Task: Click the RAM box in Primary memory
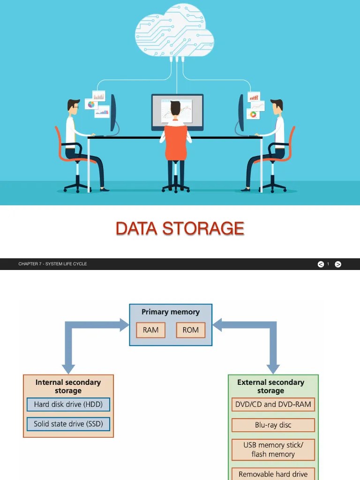(x=150, y=330)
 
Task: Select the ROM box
(x=191, y=330)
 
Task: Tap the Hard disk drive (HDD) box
(x=68, y=405)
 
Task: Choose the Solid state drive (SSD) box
(x=68, y=424)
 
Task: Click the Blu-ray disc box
(x=273, y=425)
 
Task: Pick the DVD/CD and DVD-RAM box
(x=273, y=405)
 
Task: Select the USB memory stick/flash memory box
(x=273, y=450)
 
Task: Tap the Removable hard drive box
(x=273, y=474)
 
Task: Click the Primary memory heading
(x=171, y=312)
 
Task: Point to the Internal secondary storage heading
(x=68, y=386)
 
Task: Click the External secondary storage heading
(x=271, y=386)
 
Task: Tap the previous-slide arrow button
(x=321, y=264)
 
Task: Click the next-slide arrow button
(x=338, y=264)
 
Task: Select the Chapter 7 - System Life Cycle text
(x=52, y=264)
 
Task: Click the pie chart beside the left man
(x=91, y=105)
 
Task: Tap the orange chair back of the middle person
(x=176, y=143)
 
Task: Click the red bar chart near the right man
(x=254, y=97)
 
